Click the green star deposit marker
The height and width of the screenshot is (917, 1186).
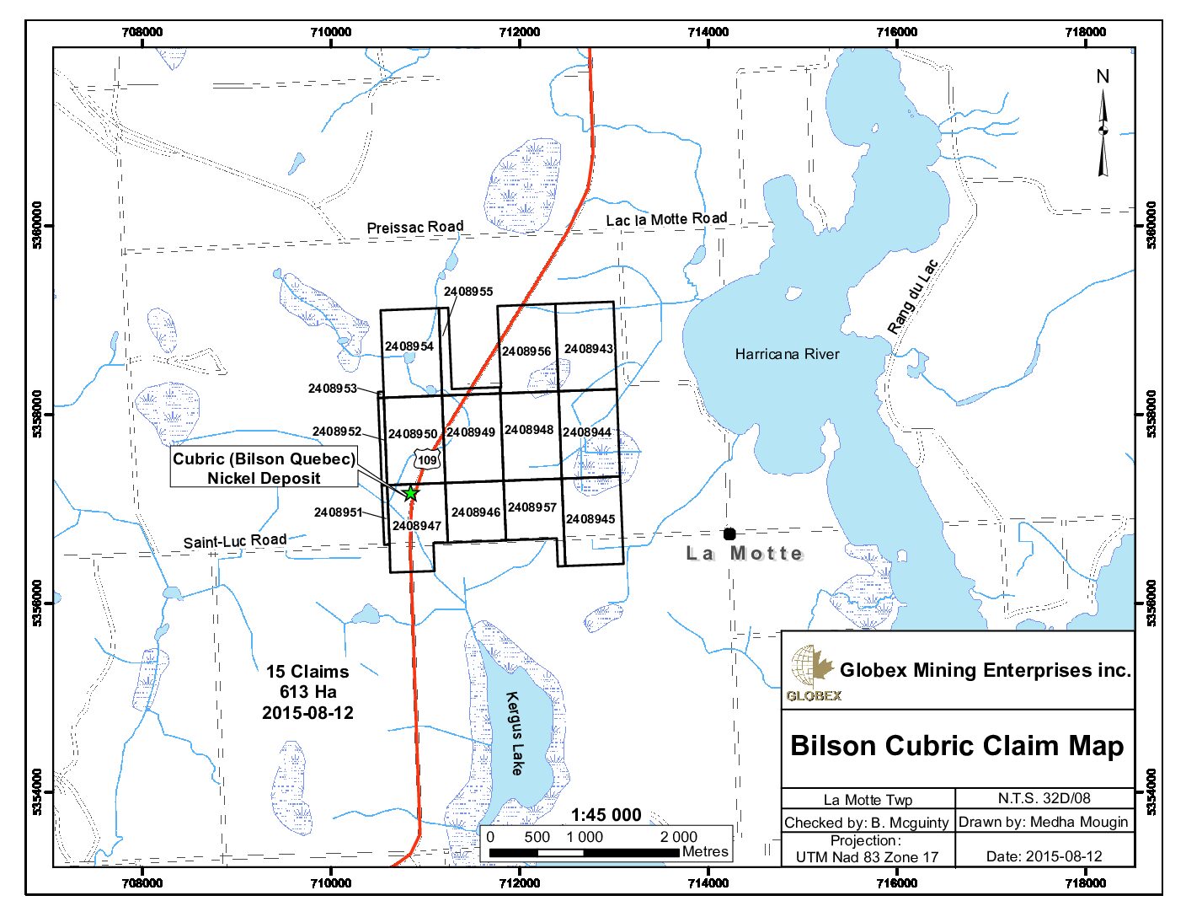point(410,493)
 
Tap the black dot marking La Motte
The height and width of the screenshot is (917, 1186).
point(729,534)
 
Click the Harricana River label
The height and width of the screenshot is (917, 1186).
point(787,354)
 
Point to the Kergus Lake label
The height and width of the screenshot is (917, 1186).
point(515,733)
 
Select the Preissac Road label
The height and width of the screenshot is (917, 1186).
point(415,227)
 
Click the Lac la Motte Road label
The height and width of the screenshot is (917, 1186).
point(666,219)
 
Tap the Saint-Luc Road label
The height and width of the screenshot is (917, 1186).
point(235,540)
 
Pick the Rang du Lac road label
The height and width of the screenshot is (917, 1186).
point(912,297)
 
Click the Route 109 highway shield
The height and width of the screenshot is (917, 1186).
point(427,459)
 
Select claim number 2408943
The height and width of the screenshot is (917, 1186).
point(589,349)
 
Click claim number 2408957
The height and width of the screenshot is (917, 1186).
point(532,507)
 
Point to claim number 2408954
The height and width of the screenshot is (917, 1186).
point(409,346)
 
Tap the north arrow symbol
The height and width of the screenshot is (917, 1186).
point(1103,126)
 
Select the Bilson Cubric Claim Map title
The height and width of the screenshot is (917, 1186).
point(957,746)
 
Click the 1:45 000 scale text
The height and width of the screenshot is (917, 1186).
point(606,815)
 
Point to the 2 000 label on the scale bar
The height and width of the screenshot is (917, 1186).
point(678,837)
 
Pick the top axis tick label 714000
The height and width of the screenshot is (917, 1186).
point(708,32)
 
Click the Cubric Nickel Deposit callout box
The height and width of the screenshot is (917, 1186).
point(264,469)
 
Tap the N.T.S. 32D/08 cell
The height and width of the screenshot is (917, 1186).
point(1044,798)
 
